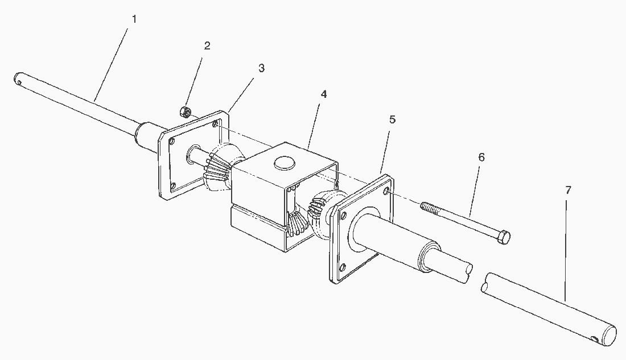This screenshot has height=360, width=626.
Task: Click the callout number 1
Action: [x=134, y=19]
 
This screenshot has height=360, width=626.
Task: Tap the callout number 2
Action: [x=207, y=46]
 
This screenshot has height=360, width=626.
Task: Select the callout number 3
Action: [x=261, y=68]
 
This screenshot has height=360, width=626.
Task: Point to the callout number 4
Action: [x=324, y=94]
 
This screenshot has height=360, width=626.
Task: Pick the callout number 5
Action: [x=392, y=119]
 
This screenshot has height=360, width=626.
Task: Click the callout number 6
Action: [x=481, y=157]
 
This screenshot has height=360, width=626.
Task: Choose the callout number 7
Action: [x=568, y=191]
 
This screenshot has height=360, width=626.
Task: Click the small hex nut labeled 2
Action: [x=185, y=111]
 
